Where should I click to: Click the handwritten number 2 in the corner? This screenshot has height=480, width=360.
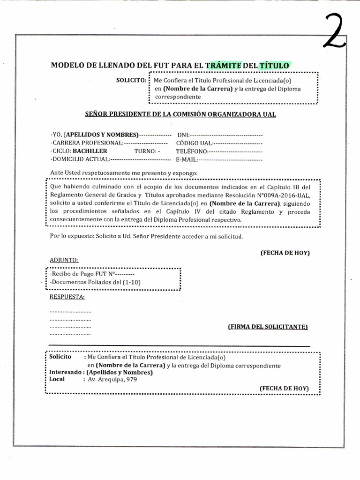tap(334, 31)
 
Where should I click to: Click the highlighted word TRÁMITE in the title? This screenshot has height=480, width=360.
tap(223, 66)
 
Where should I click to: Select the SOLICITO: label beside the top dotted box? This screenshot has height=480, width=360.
tap(131, 80)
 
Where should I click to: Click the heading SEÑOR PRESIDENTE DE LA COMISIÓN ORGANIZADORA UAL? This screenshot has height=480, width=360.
tap(180, 114)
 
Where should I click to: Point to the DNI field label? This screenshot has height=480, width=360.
tap(182, 135)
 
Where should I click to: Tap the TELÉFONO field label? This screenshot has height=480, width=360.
tap(192, 151)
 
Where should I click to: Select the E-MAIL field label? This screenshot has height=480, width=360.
tap(187, 160)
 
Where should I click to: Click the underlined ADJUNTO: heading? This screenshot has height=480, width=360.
tap(64, 260)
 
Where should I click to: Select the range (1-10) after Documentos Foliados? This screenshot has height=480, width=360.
tap(132, 282)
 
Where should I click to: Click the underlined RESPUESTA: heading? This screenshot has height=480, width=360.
tap(67, 297)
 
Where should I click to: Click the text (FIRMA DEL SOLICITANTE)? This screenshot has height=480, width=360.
tap(268, 326)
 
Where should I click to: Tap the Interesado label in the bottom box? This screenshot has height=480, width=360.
tap(65, 372)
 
